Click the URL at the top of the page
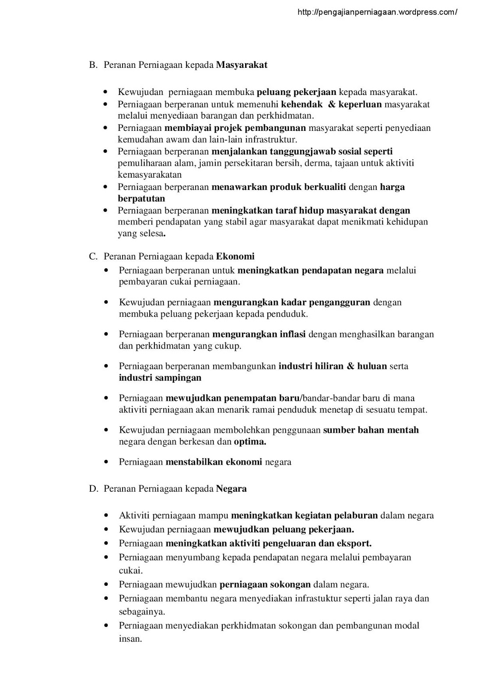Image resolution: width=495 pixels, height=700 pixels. [377, 13]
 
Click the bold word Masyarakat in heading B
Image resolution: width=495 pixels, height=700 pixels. [242, 65]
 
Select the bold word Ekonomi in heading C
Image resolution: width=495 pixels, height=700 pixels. [235, 257]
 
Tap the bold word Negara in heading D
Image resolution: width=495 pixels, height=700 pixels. [231, 489]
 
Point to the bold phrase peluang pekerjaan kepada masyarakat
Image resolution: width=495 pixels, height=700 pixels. [296, 92]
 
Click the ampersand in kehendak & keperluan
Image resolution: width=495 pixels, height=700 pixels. [331, 105]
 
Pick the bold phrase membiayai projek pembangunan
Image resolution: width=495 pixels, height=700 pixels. [235, 128]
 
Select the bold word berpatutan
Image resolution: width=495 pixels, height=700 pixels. [141, 199]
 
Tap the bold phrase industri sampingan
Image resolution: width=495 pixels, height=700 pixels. [160, 378]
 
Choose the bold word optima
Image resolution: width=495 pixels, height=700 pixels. [250, 442]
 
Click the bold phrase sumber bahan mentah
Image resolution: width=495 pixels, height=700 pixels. [371, 430]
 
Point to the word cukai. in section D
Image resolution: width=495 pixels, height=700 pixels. [131, 571]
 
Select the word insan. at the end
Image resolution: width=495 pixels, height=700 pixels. [130, 639]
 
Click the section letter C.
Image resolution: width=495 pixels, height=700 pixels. [93, 257]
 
